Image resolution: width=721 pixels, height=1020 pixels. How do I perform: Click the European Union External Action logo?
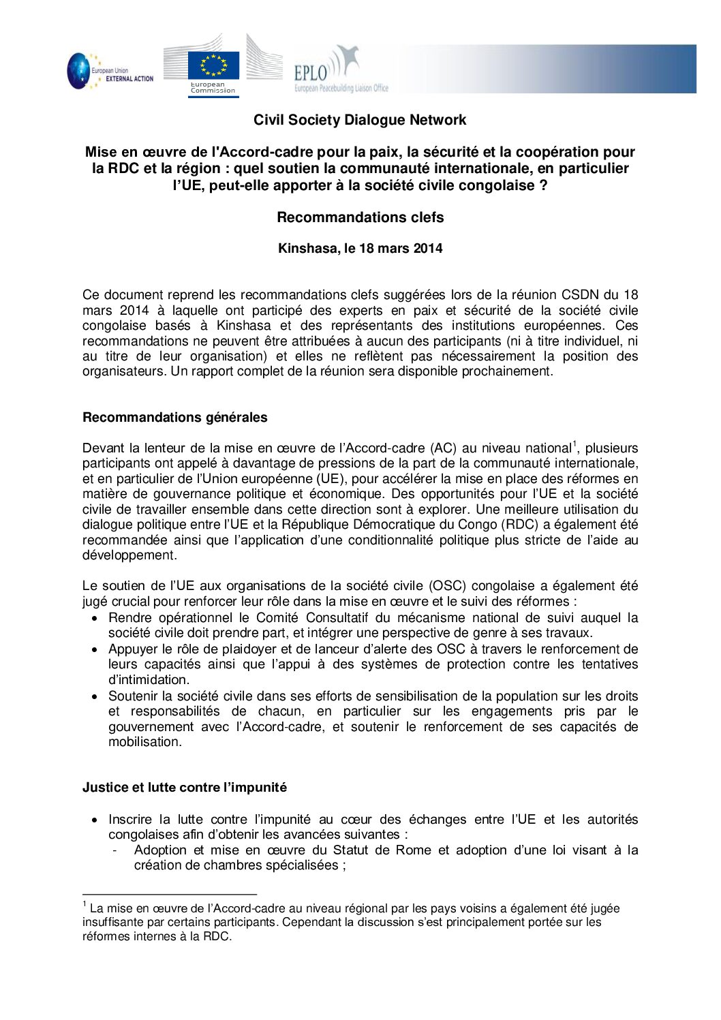pyautogui.click(x=109, y=70)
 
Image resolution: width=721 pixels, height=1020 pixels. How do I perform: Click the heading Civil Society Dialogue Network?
pyautogui.click(x=360, y=120)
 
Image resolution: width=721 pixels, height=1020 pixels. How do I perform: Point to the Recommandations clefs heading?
pyautogui.click(x=360, y=217)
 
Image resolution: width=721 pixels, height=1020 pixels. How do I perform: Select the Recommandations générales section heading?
pyautogui.click(x=175, y=418)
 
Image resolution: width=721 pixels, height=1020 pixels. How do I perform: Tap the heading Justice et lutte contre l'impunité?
pyautogui.click(x=185, y=788)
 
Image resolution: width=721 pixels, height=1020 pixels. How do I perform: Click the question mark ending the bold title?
pyautogui.click(x=543, y=185)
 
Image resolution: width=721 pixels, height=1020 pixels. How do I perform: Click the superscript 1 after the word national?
pyautogui.click(x=574, y=444)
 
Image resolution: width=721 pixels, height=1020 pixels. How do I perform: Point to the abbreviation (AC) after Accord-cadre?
pyautogui.click(x=443, y=448)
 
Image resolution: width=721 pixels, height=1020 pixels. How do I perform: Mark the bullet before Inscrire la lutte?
pyautogui.click(x=95, y=820)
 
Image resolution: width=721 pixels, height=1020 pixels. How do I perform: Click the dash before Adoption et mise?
pyautogui.click(x=114, y=850)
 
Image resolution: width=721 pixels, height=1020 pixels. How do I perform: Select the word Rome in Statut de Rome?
pyautogui.click(x=416, y=850)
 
